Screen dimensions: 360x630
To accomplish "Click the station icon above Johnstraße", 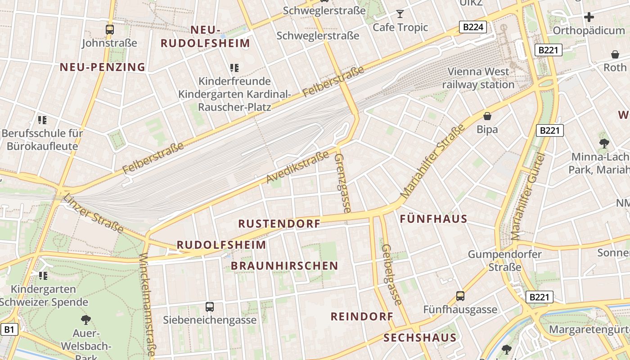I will pos(109,30).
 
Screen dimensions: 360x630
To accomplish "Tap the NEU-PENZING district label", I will pos(103,67).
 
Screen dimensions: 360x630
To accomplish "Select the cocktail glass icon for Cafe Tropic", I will pos(400,14).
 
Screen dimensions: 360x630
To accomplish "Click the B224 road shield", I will pos(473,27).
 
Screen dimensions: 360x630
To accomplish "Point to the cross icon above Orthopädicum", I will pos(589,18).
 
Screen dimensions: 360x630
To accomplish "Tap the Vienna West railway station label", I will pos(478,78).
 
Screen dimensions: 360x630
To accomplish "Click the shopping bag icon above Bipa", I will pos(487,116).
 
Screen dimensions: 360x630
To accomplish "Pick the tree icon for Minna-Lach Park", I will pos(604,144).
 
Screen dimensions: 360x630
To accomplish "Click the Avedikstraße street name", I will pos(297,167).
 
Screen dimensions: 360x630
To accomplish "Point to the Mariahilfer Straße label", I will pos(432,162).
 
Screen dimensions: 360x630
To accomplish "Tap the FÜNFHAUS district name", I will pos(434,219).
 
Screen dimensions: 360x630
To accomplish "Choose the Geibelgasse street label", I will pos(391,274).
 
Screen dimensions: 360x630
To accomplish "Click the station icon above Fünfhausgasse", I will pos(460,296).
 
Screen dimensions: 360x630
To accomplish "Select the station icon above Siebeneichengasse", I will pos(209,307).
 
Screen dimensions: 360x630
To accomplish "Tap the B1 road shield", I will pos(9,329).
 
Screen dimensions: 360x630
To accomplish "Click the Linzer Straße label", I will pos(93,213).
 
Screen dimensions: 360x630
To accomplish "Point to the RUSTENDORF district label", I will pos(279,224).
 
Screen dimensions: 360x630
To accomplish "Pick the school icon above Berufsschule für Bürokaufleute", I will pos(42,120).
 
